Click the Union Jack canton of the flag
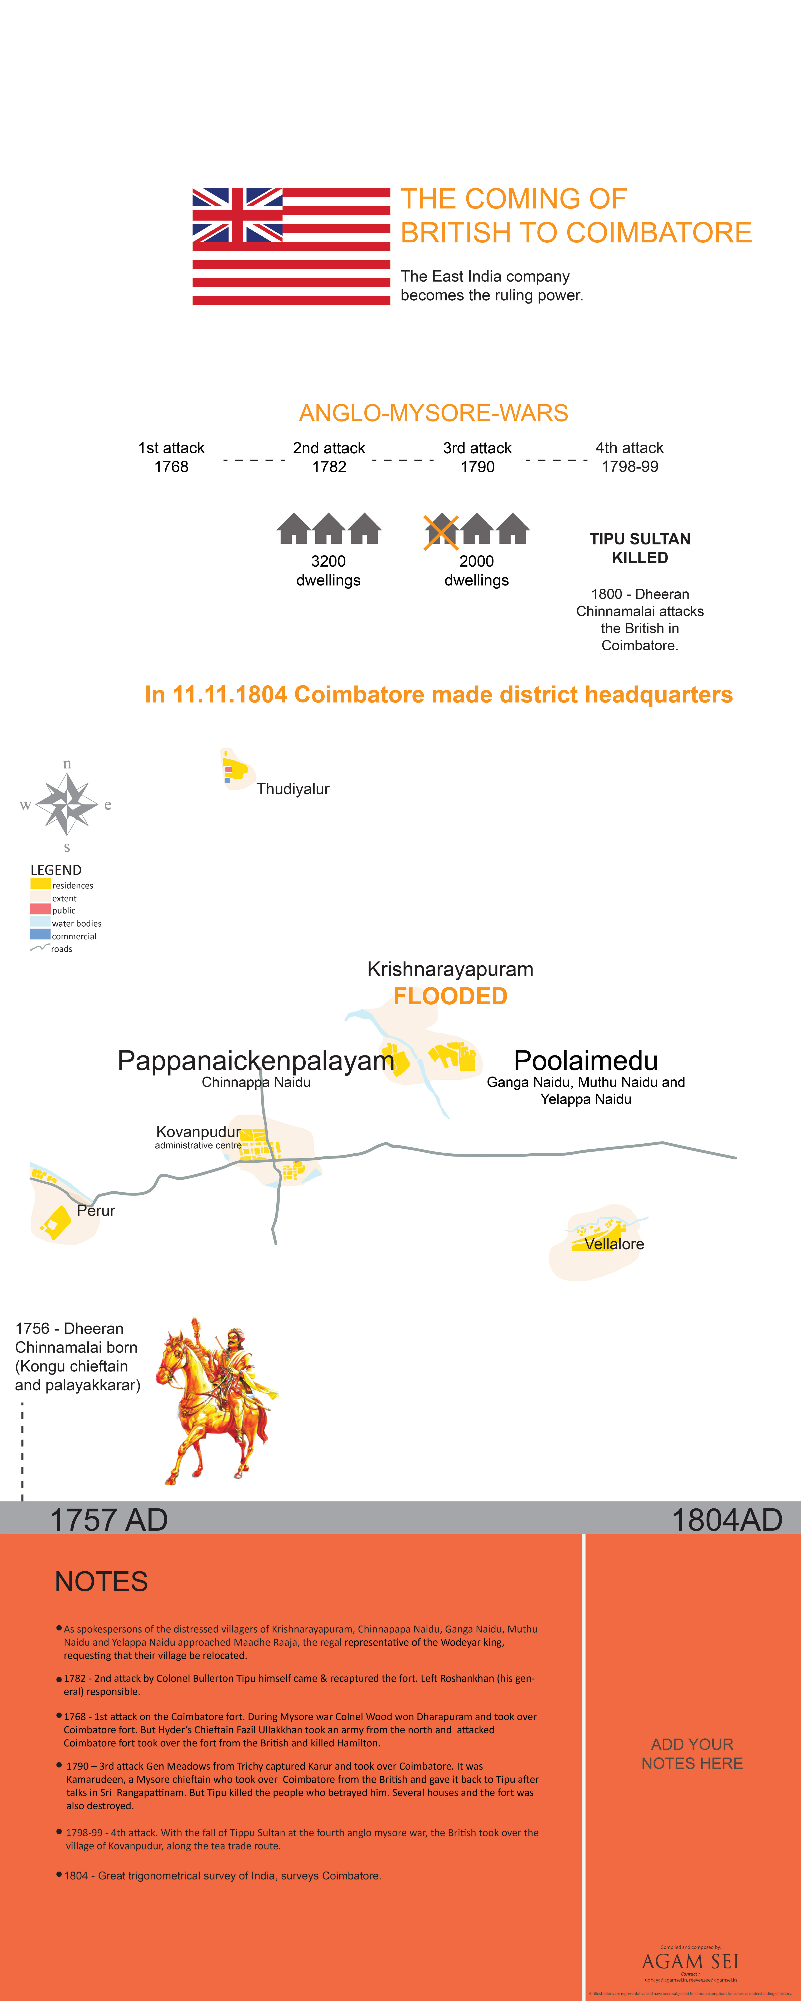[x=237, y=215]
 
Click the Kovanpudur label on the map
[x=198, y=1132]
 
